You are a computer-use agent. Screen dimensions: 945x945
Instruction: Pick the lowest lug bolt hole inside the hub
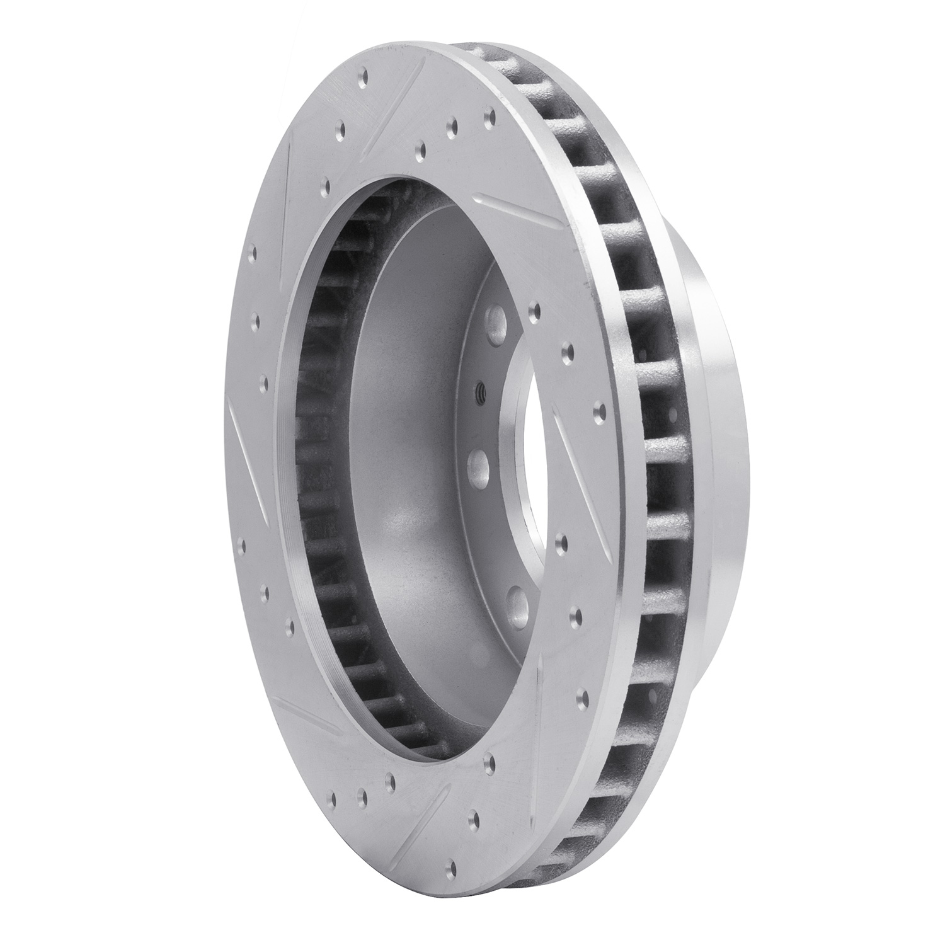click(518, 598)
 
